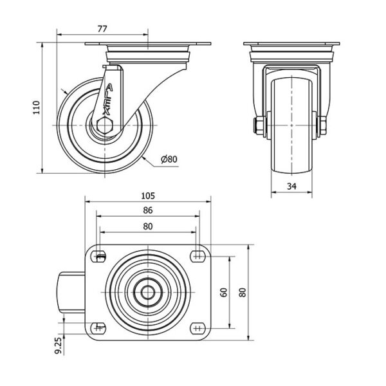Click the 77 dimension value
(102, 29)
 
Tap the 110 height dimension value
(37, 107)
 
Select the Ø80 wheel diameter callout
(169, 160)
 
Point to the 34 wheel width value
(291, 187)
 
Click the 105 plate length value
(148, 196)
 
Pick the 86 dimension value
(148, 210)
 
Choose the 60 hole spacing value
(224, 292)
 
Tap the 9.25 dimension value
(58, 346)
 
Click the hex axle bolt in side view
(105, 125)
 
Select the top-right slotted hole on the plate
(198, 257)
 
